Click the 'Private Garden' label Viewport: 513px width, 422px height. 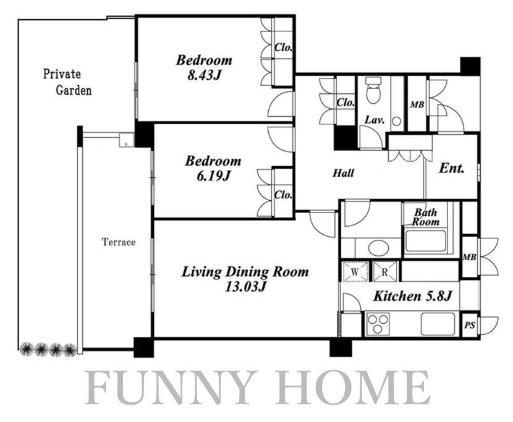pyautogui.click(x=67, y=82)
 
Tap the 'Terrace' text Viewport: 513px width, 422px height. pyautogui.click(x=119, y=242)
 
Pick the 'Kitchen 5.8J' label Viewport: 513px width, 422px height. pyautogui.click(x=412, y=296)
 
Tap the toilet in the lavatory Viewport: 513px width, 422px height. pyautogui.click(x=372, y=90)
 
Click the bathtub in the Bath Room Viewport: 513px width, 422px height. pyautogui.click(x=426, y=242)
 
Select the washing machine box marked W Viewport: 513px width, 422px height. pyautogui.click(x=355, y=271)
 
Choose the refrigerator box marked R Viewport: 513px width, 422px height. pyautogui.click(x=385, y=271)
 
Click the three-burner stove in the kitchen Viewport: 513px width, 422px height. pyautogui.click(x=378, y=324)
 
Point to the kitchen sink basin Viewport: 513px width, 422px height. pyautogui.click(x=438, y=324)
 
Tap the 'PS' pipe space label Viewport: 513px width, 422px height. pyautogui.click(x=470, y=326)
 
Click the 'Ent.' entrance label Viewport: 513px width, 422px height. pyautogui.click(x=452, y=168)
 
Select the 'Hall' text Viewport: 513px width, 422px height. pyautogui.click(x=343, y=173)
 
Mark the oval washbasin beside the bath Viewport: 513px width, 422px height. pyautogui.click(x=378, y=248)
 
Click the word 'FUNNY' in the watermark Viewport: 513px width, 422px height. pyautogui.click(x=172, y=387)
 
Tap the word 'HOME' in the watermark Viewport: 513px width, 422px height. pyautogui.click(x=352, y=387)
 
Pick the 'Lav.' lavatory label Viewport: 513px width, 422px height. pyautogui.click(x=375, y=120)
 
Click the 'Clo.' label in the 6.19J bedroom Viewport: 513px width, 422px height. pyautogui.click(x=283, y=195)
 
